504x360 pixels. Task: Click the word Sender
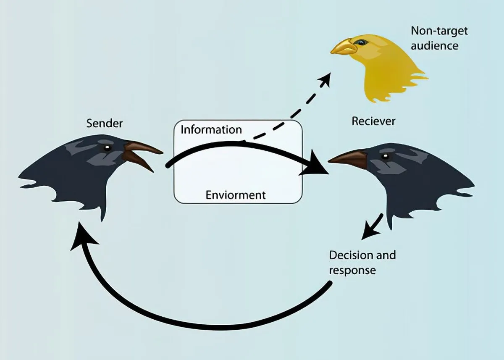coord(105,124)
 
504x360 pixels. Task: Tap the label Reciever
coord(373,121)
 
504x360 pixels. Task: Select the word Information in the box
coord(211,129)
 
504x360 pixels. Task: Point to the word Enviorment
coord(235,195)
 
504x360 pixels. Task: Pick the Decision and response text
coord(362,262)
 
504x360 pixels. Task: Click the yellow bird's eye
coord(360,42)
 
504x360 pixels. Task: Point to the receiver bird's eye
coord(383,156)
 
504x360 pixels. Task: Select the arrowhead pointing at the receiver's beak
coord(316,168)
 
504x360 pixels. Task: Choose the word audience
coord(434,45)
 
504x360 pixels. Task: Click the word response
coord(352,270)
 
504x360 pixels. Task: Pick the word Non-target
coord(439,31)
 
